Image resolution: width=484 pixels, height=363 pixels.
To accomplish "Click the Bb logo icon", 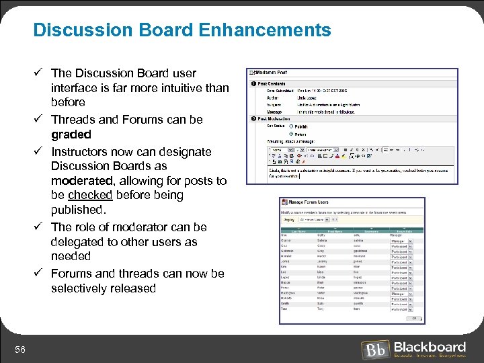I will (x=375, y=350).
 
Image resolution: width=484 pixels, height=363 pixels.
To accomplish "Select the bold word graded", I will (x=71, y=134).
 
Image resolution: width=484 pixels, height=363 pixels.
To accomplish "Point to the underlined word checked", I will (x=90, y=195).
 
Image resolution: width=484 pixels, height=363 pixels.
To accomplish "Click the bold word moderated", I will (x=81, y=181).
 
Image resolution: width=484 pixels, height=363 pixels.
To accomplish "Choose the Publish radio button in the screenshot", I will (x=292, y=126).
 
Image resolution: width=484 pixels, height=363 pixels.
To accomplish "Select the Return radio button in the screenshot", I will (x=292, y=134).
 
